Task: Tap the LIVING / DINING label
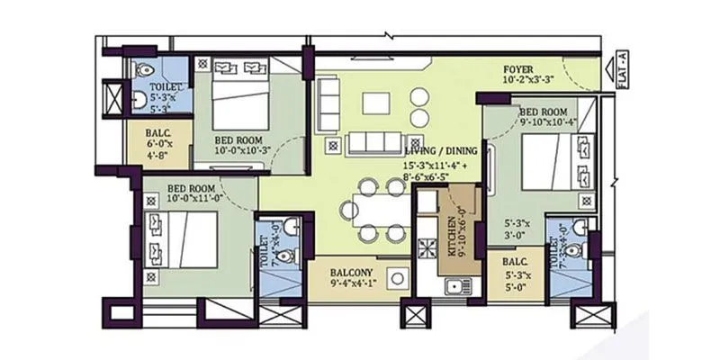[x=440, y=149]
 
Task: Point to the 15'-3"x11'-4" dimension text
[x=430, y=165]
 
